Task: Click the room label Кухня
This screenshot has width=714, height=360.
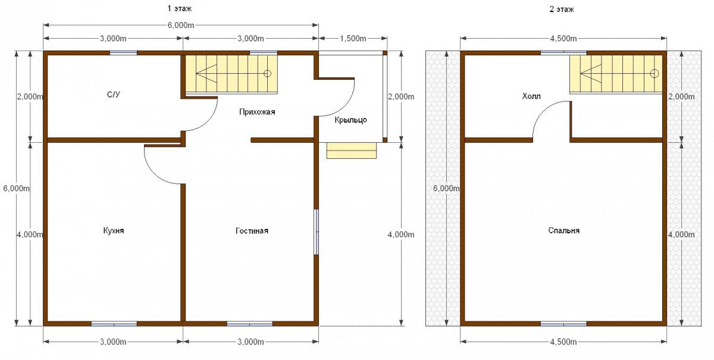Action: (114, 230)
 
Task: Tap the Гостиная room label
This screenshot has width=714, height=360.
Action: (252, 230)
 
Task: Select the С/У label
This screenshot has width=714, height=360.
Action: (114, 95)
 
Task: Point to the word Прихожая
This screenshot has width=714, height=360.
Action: (257, 112)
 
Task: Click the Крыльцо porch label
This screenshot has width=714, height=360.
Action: (350, 120)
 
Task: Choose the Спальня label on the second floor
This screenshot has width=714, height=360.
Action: (564, 230)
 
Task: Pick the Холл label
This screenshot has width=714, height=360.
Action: (531, 96)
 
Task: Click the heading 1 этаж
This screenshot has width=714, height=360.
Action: (180, 8)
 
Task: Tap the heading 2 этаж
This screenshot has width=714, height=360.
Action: (562, 10)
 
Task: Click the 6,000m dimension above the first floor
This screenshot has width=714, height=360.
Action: (181, 25)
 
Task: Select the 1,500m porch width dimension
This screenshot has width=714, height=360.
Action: (353, 39)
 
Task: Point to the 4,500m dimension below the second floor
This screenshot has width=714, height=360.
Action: (563, 342)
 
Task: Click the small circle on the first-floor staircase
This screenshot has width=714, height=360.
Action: (267, 74)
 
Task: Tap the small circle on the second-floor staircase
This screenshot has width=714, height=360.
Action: (654, 74)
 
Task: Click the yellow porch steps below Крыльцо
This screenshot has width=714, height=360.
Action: (352, 151)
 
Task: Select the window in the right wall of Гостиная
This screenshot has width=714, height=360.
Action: (316, 232)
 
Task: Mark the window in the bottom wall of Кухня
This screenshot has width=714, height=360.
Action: (114, 324)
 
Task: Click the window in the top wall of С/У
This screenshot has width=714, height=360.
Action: (123, 53)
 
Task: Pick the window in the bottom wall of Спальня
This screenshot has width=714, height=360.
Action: (563, 324)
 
